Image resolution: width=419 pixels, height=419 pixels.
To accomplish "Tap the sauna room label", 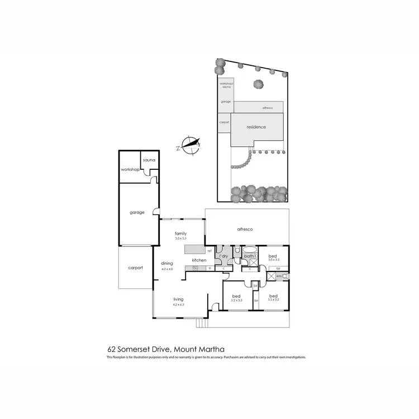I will (x=149, y=160).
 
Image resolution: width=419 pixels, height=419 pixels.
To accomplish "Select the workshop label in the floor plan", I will (x=130, y=169).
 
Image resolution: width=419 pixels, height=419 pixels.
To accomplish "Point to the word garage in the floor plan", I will (x=137, y=212).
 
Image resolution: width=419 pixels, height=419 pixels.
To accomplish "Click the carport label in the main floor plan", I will (x=135, y=268).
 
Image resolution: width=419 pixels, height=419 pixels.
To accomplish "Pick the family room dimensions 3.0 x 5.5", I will (x=180, y=239).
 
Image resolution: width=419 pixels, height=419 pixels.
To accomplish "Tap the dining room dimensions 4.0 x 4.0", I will (x=167, y=269).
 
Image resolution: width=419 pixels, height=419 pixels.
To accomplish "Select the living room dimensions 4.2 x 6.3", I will (x=178, y=305).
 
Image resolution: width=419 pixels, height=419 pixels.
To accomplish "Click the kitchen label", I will (x=199, y=260).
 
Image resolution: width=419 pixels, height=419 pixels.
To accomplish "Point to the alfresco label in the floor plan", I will (x=246, y=229).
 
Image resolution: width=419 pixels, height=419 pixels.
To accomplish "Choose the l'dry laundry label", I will (x=223, y=256).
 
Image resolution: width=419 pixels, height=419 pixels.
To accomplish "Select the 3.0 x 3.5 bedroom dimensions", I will (x=274, y=260).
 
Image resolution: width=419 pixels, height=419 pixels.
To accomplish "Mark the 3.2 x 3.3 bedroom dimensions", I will (x=237, y=301).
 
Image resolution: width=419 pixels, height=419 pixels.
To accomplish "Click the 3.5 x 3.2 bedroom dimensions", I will (x=274, y=301).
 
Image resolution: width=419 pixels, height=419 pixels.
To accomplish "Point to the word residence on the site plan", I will (x=256, y=127).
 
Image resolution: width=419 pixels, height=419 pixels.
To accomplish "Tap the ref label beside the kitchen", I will (x=209, y=251).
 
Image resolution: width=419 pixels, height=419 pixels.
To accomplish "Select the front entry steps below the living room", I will (x=202, y=323).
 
